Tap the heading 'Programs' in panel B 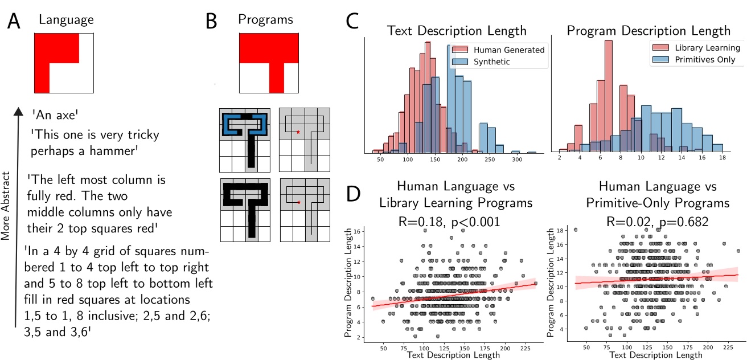265,19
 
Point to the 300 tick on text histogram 517,160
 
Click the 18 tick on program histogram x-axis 722,160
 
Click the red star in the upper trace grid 297,132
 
